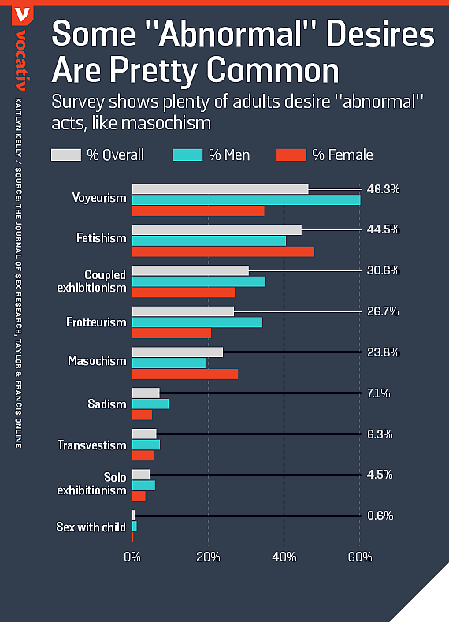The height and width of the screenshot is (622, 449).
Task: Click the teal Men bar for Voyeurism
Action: [246, 199]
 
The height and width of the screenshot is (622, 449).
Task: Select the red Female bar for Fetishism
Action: [223, 251]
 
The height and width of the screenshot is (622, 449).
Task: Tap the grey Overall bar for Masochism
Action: [177, 352]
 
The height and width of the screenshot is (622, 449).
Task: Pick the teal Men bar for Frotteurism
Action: [197, 322]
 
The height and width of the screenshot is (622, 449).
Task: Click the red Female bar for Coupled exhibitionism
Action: [183, 292]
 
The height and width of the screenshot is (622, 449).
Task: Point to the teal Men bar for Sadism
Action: [150, 404]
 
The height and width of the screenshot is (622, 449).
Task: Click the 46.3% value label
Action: [384, 188]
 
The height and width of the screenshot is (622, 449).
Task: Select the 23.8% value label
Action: [384, 352]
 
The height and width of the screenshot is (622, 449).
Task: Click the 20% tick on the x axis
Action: [208, 558]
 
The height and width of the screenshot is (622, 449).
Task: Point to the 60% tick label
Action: [360, 558]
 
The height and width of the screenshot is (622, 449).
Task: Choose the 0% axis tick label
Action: [132, 558]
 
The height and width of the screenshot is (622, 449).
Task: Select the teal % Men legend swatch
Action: [187, 155]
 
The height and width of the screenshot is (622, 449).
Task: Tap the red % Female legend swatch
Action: [291, 155]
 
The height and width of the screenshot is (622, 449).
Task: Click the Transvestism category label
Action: [91, 445]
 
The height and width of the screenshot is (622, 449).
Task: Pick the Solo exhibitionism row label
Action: [91, 484]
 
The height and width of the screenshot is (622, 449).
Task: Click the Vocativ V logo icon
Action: [25, 14]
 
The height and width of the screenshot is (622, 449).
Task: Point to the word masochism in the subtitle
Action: [172, 125]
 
